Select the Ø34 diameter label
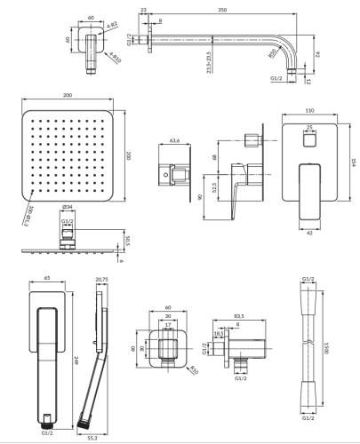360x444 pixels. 68,210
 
